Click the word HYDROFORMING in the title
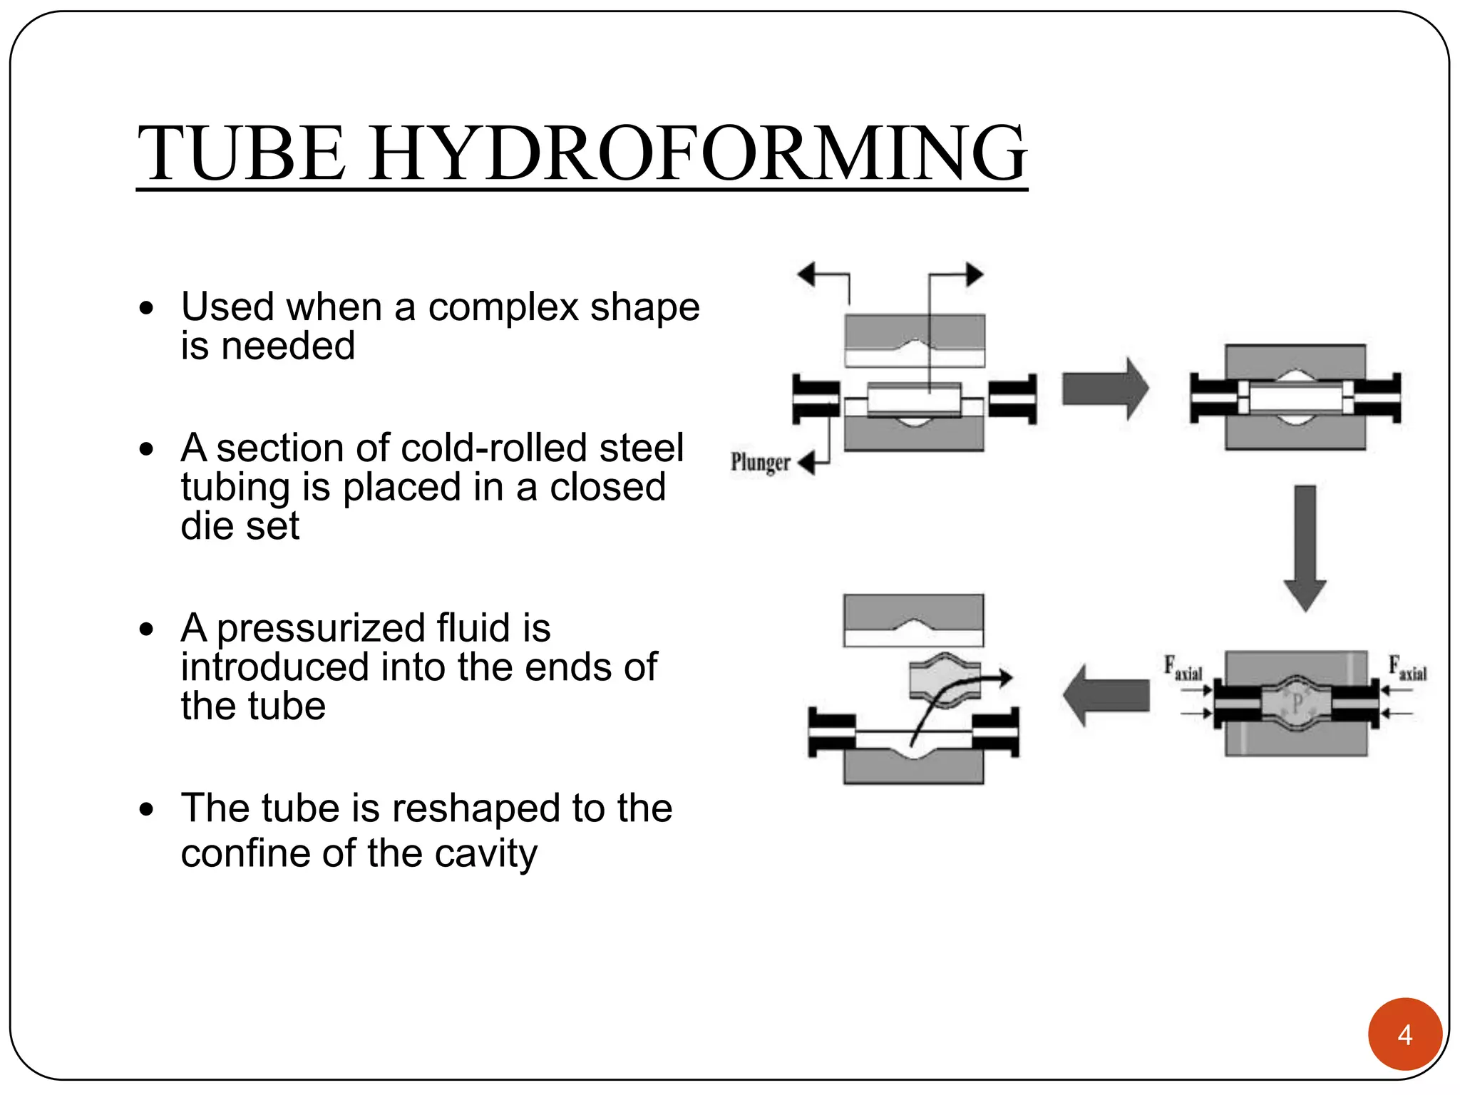tap(699, 153)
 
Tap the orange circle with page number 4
tap(1404, 1034)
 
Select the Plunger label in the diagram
tap(760, 463)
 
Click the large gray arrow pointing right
tap(1104, 389)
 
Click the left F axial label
tap(1183, 669)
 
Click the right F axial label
tap(1407, 669)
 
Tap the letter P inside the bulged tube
tap(1297, 704)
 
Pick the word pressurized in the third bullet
tap(322, 628)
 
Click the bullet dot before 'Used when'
tap(147, 309)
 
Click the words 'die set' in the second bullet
tap(240, 526)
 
